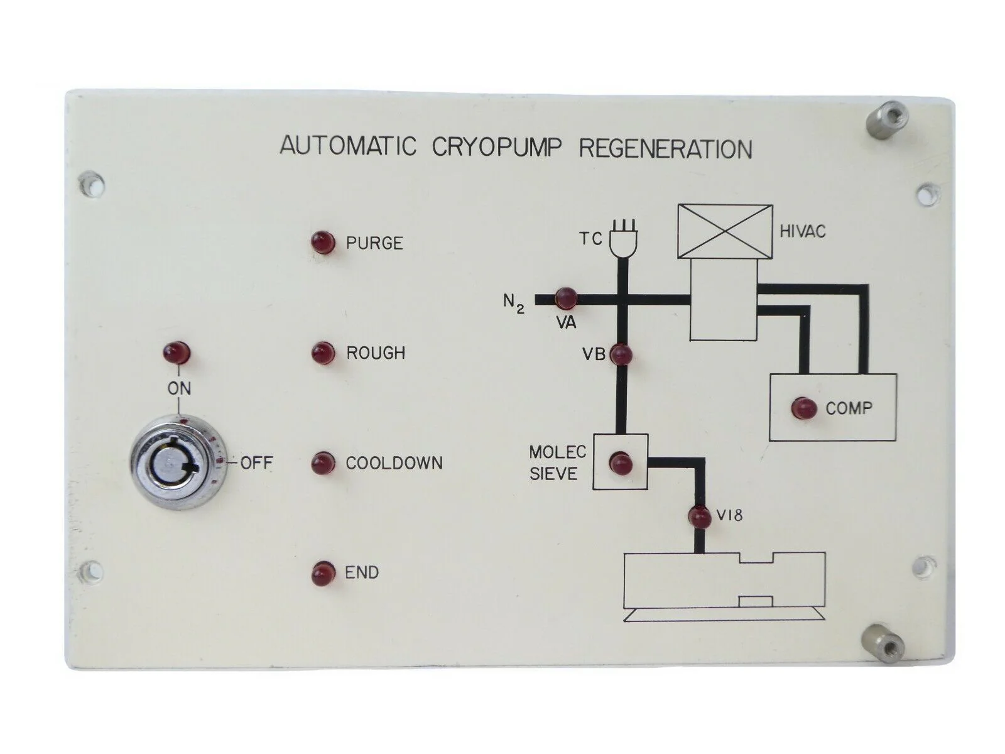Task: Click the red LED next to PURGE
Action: coord(323,243)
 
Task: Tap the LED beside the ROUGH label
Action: coord(323,352)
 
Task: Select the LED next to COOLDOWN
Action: coord(323,463)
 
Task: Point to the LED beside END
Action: coord(323,572)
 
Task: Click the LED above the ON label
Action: coord(177,352)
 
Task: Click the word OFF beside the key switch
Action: coord(256,463)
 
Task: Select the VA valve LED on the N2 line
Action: coord(565,297)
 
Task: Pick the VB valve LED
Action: coord(621,355)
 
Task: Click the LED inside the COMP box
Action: coord(803,408)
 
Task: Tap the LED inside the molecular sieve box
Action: coord(621,463)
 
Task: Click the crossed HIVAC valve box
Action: coord(724,231)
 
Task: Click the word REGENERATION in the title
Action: coord(665,148)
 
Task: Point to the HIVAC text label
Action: coord(802,231)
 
